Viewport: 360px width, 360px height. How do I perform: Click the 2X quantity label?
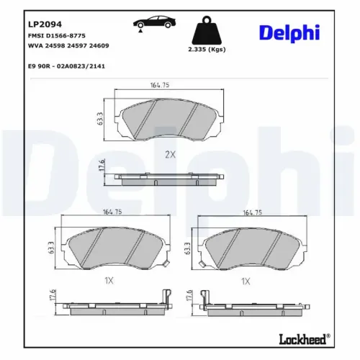point(170,154)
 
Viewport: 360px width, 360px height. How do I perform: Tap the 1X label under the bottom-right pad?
point(246,281)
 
